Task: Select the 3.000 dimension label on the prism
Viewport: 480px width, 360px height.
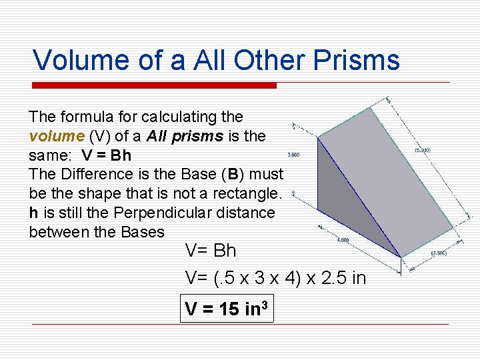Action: click(x=293, y=155)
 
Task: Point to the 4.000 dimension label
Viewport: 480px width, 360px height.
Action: click(x=343, y=240)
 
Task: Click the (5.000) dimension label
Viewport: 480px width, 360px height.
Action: click(x=423, y=151)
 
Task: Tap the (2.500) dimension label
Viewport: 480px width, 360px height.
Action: click(x=439, y=253)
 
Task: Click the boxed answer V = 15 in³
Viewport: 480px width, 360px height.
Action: click(x=227, y=309)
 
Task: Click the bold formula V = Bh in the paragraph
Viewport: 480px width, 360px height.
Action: click(x=107, y=155)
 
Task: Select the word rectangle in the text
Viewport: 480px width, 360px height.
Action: click(x=250, y=193)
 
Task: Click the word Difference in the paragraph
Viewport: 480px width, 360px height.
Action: click(x=90, y=174)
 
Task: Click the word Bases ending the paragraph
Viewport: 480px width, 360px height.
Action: click(x=143, y=232)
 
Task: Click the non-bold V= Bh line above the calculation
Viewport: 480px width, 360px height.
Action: click(x=211, y=251)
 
